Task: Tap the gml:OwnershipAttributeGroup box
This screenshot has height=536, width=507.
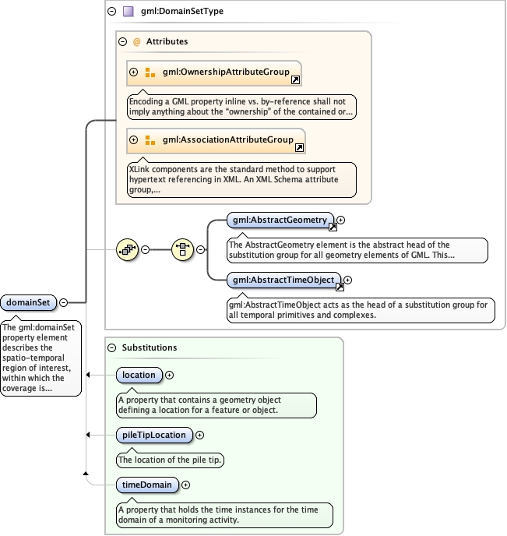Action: coord(213,72)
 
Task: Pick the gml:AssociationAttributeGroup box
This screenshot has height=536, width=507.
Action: coord(216,140)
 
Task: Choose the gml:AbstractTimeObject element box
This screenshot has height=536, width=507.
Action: coord(283,280)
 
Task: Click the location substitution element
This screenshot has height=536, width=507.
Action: coord(139,375)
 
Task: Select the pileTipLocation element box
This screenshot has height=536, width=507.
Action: coord(153,435)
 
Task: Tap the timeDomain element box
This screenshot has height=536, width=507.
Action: coord(146,485)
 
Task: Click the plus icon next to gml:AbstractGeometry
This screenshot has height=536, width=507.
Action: coord(340,220)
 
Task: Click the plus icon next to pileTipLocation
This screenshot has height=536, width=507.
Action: coord(199,435)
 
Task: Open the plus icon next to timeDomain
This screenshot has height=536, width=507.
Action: coord(186,485)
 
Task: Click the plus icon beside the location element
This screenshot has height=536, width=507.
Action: coord(170,375)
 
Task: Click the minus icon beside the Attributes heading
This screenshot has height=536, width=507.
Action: coord(122,41)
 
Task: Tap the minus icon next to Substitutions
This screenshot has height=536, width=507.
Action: coord(111,347)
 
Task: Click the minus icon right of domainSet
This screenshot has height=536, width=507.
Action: coord(63,302)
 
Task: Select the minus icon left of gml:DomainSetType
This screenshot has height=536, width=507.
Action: coord(111,12)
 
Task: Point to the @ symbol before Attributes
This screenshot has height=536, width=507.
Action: coord(136,41)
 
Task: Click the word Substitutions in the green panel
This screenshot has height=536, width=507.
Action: coord(150,347)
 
